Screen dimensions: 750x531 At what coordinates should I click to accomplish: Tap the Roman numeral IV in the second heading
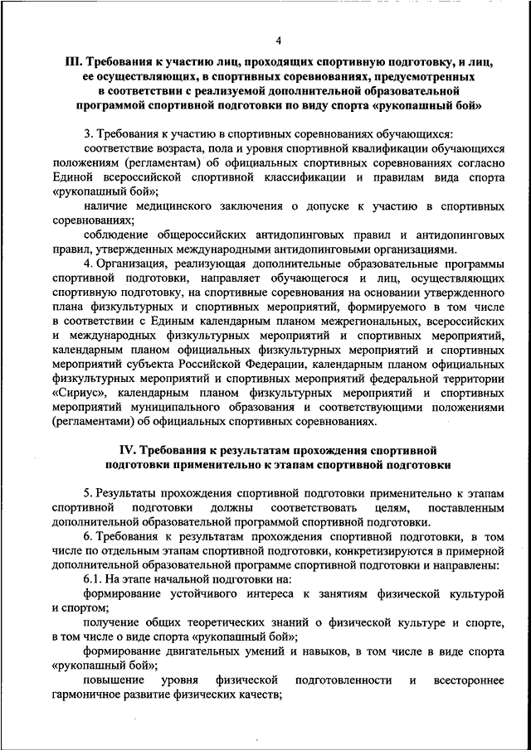pyautogui.click(x=117, y=451)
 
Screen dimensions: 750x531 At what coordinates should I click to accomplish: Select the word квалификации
pyautogui.click(x=349, y=149)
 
